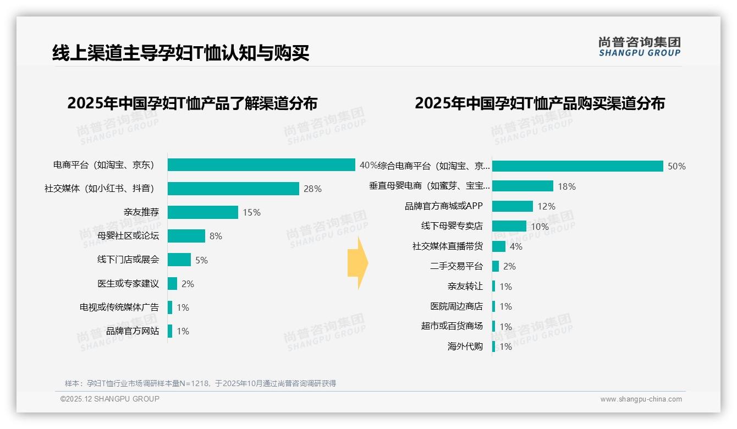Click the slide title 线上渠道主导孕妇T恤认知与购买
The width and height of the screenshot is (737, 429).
pos(180,53)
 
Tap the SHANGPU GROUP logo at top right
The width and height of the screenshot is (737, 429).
pos(639,47)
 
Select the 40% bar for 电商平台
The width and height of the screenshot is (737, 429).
pos(261,165)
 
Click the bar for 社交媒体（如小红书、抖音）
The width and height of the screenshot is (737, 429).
pos(233,189)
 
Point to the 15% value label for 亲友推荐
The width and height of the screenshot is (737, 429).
pos(252,212)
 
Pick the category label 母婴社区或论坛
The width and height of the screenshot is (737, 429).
pos(128,236)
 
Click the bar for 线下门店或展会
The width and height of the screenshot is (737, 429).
pos(179,260)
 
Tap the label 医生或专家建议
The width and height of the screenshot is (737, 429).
pos(128,284)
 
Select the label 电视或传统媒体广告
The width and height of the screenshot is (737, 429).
pos(119,307)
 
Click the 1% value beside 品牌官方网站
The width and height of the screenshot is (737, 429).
pos(183,331)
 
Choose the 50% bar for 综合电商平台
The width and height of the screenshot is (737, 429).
pos(577,166)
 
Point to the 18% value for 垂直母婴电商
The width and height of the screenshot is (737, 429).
pos(566,186)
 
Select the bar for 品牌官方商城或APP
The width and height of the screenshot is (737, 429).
pos(513,206)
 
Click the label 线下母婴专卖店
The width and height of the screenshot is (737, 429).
pos(452,226)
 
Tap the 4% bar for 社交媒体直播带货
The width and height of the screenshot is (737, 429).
pos(499,246)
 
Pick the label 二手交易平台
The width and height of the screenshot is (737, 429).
pos(456,266)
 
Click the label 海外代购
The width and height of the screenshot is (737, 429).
pos(465,346)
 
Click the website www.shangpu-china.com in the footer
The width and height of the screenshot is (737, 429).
pos(641,399)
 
